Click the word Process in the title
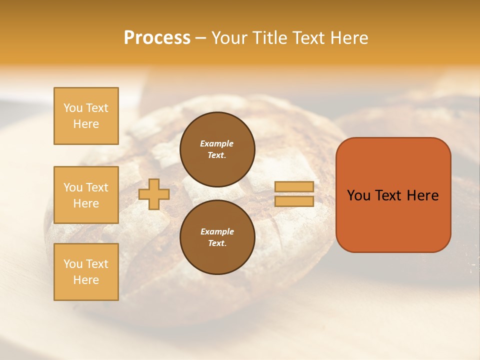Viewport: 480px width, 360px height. (x=157, y=38)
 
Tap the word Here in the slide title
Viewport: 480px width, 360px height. (x=349, y=38)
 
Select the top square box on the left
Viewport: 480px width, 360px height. (x=86, y=116)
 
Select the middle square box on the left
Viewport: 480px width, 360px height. (x=86, y=195)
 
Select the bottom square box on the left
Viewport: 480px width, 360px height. (x=86, y=272)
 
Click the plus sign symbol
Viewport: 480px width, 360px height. (x=153, y=194)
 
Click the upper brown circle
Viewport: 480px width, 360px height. (x=217, y=149)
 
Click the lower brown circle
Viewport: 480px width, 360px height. (x=217, y=237)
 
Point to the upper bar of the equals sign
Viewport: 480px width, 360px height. (x=294, y=186)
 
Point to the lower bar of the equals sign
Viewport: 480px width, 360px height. (x=294, y=201)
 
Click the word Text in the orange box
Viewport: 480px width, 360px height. (x=389, y=195)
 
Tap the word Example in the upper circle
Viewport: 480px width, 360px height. (x=217, y=143)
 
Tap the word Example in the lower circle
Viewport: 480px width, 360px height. (x=217, y=231)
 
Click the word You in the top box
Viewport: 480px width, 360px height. (x=73, y=108)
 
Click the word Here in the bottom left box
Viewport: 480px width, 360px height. (x=86, y=280)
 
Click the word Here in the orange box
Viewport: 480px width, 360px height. (x=422, y=195)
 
